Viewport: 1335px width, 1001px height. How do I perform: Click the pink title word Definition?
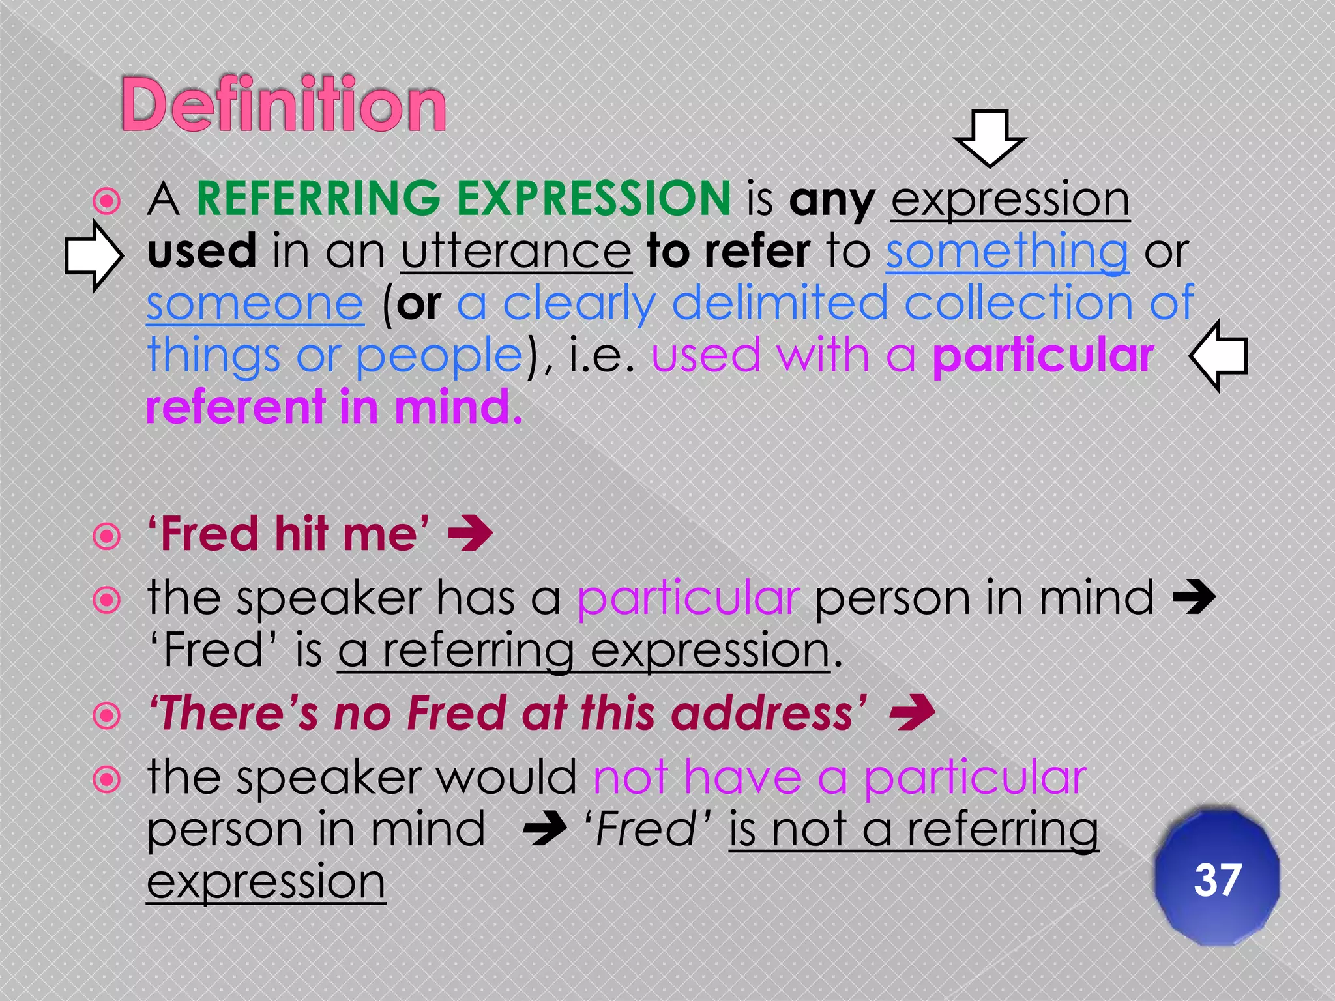click(284, 104)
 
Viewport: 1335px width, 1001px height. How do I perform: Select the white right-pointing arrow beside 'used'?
click(94, 255)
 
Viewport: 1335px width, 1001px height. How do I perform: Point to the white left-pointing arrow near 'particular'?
click(1218, 356)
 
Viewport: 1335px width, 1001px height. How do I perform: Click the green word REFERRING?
click(319, 198)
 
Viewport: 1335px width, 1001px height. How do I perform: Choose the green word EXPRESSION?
click(594, 198)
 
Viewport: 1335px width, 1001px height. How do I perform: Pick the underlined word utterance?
click(516, 252)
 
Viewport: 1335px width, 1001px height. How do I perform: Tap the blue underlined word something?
click(1006, 252)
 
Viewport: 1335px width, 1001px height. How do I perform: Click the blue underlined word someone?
click(255, 304)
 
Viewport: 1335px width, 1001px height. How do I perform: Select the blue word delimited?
click(780, 304)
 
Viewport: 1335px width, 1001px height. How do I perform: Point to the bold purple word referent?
click(235, 407)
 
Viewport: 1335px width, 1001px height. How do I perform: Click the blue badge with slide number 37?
click(1216, 878)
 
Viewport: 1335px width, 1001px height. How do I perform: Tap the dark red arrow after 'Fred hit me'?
click(470, 534)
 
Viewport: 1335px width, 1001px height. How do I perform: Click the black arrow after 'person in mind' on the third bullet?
click(1194, 598)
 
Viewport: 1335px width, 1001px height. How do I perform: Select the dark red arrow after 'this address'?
click(913, 714)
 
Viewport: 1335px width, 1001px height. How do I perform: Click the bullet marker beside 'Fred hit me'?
click(107, 536)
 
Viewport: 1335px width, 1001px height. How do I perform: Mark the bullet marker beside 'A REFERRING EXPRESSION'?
click(107, 201)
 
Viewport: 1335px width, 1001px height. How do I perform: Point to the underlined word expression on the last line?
click(266, 883)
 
